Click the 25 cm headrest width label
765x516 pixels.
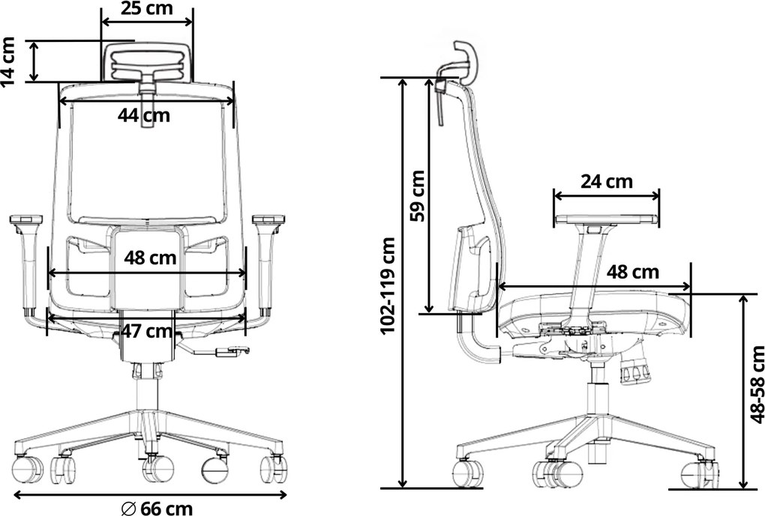click(147, 8)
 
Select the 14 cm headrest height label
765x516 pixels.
click(9, 61)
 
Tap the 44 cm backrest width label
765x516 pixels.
click(144, 115)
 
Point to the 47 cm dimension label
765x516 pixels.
click(147, 331)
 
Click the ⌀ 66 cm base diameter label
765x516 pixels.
click(157, 509)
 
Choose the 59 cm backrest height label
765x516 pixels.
click(418, 196)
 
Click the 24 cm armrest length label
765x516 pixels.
click(607, 182)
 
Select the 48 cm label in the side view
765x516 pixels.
click(632, 272)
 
